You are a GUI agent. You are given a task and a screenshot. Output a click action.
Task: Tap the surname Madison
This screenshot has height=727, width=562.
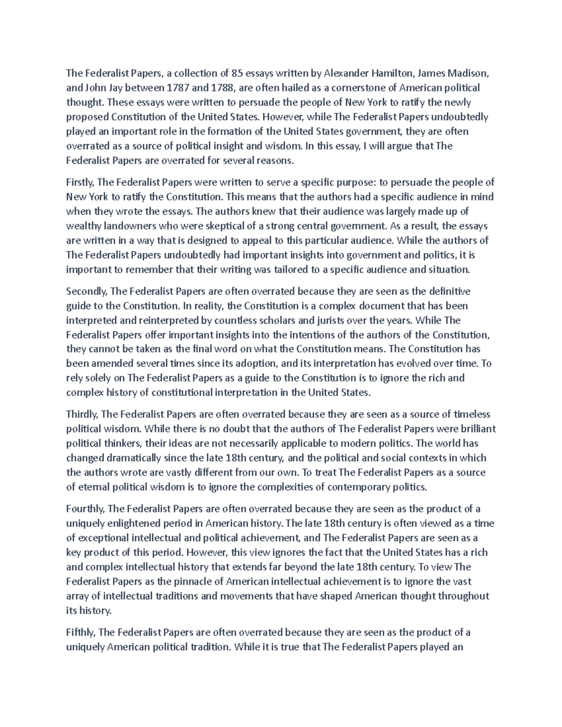(x=467, y=73)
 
